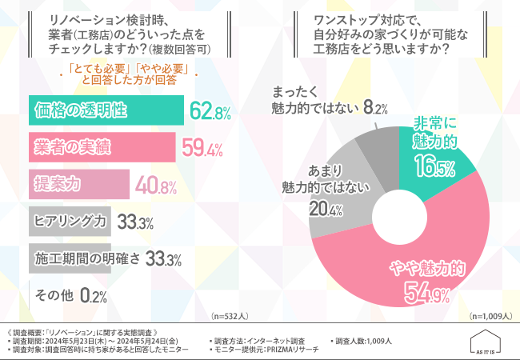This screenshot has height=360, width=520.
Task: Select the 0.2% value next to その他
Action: point(94,295)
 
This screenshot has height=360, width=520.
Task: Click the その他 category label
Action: point(54,294)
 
